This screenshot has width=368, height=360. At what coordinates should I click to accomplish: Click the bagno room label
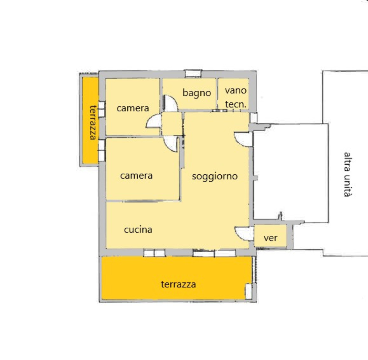pos(197,93)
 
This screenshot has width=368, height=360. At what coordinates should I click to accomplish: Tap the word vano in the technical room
pos(236,90)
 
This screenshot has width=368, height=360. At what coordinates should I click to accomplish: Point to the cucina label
pos(138,230)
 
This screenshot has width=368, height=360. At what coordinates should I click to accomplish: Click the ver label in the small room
pos(271,238)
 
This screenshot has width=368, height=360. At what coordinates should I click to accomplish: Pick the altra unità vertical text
pos(348,174)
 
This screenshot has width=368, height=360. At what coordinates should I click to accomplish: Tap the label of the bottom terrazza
pos(178,284)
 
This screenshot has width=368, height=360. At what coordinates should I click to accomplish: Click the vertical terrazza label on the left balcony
pos(93,123)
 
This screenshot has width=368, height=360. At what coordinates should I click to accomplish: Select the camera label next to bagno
pos(133,108)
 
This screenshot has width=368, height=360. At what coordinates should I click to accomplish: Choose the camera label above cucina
pos(136,176)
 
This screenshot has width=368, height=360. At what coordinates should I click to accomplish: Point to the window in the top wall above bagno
pos(193,73)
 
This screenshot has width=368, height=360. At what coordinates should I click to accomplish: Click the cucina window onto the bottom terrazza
pos(154,253)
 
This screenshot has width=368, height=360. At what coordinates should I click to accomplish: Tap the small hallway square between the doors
pos(172,124)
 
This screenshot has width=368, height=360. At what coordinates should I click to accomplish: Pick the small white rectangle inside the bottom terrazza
pos(248,291)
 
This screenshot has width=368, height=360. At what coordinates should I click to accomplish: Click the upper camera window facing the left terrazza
pos(101,109)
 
